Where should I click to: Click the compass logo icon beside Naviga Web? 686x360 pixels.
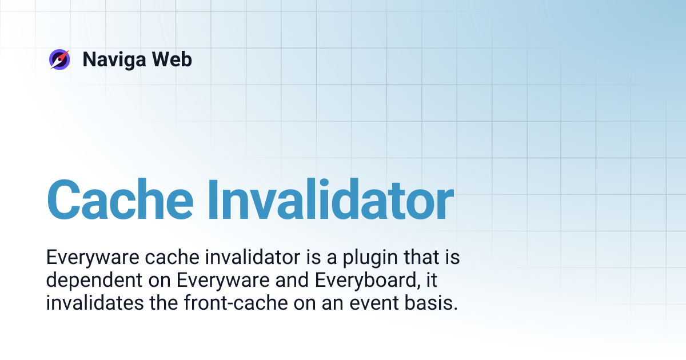[59, 59]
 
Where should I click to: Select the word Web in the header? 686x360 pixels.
[174, 59]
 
